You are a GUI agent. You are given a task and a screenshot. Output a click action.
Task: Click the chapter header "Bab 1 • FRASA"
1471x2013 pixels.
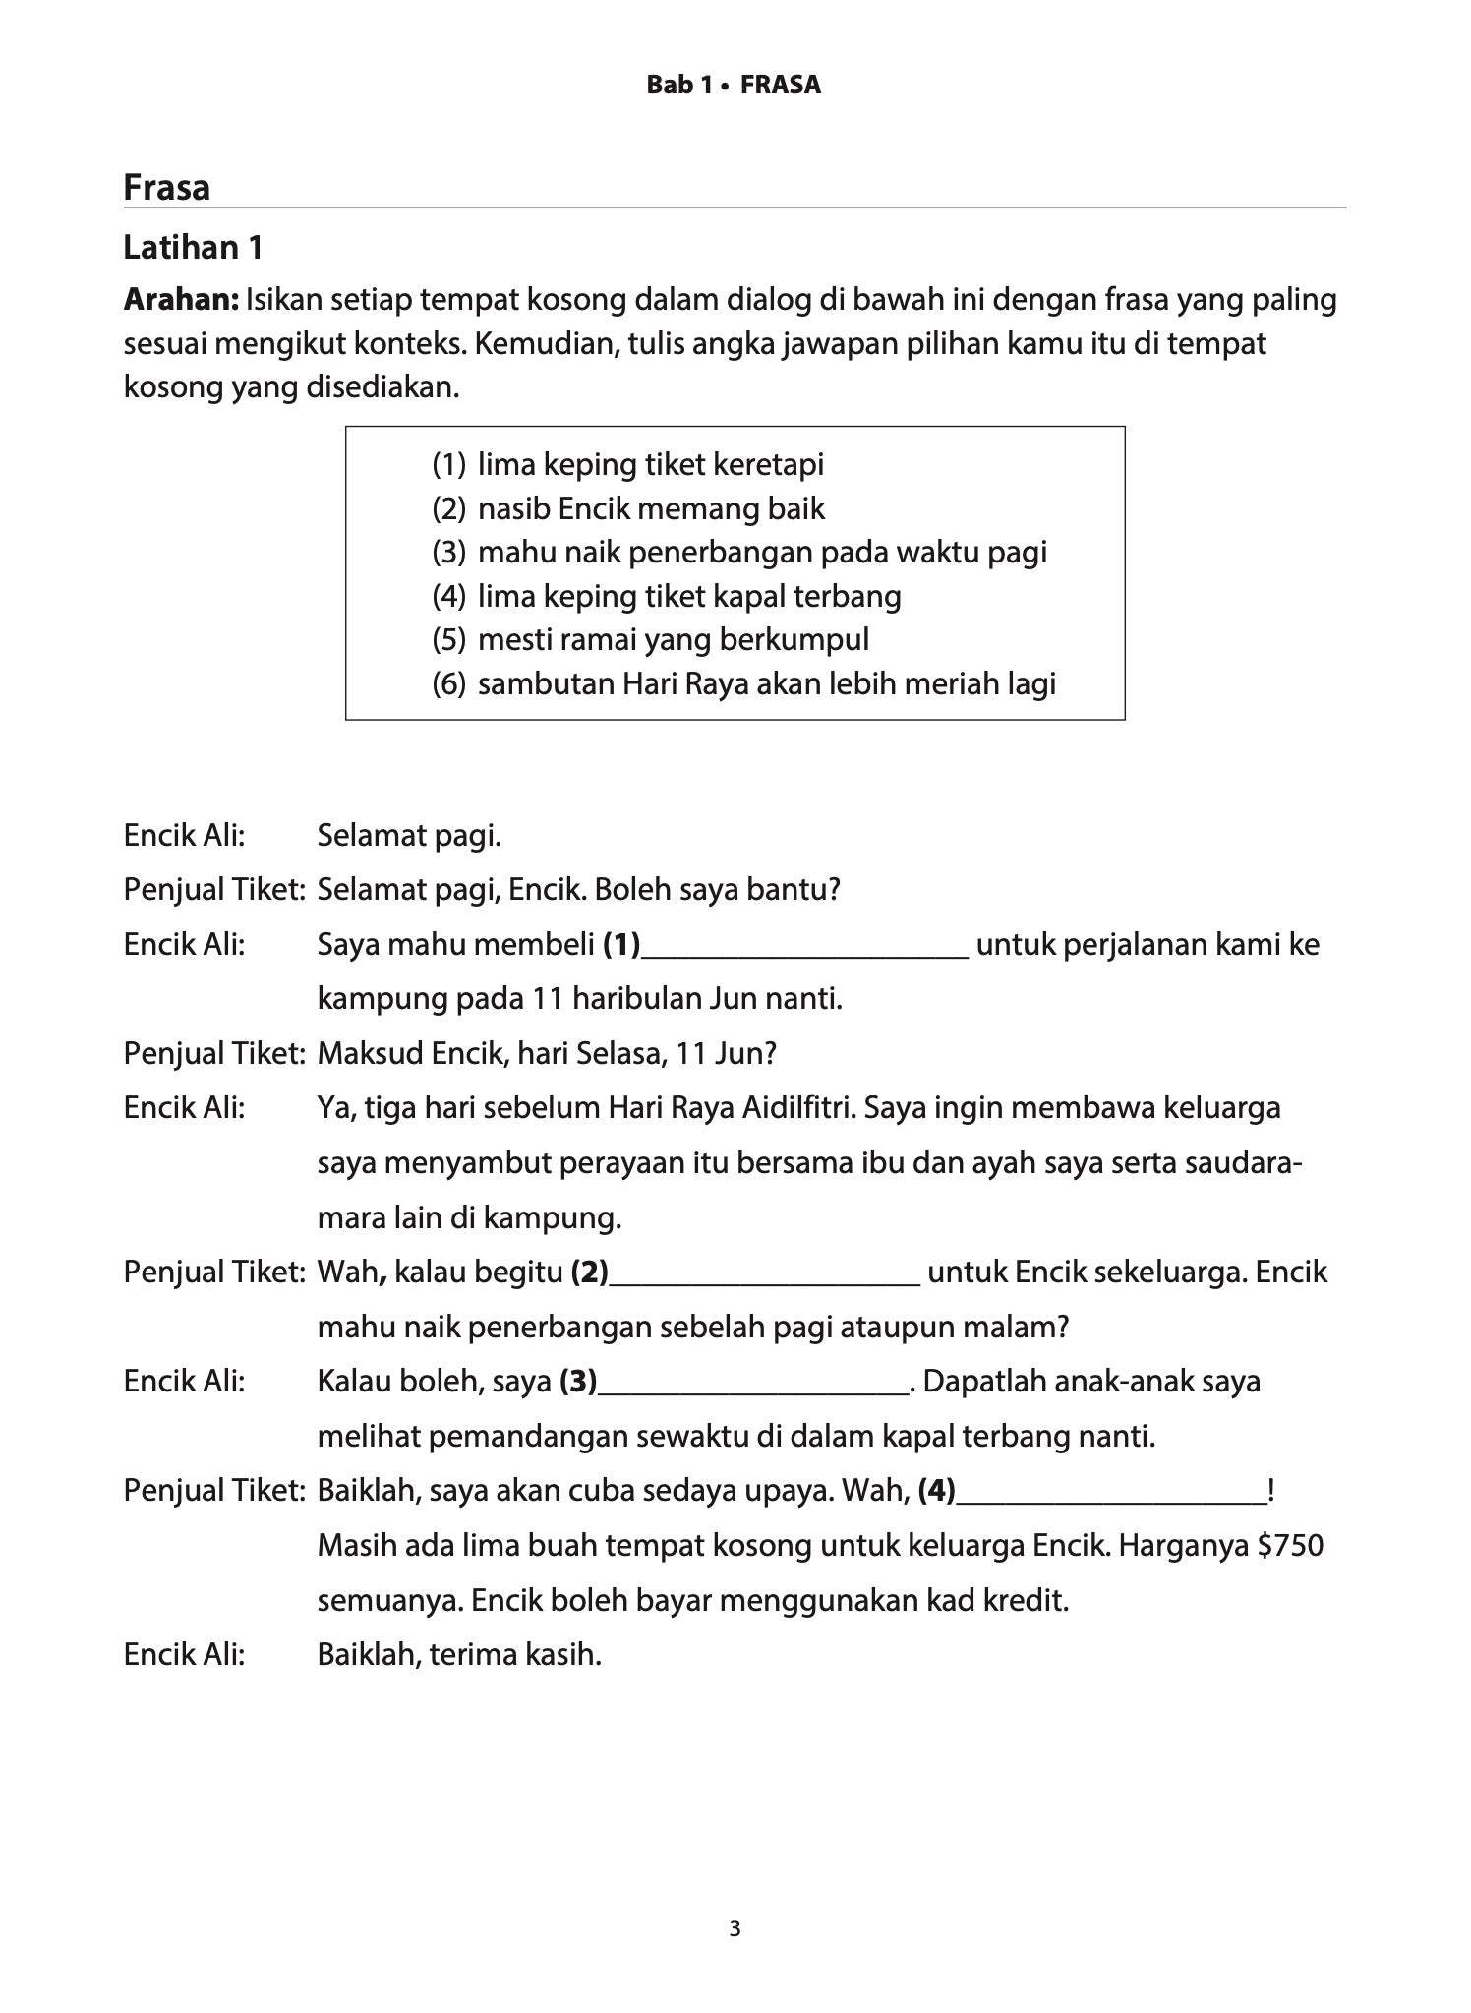click(x=733, y=86)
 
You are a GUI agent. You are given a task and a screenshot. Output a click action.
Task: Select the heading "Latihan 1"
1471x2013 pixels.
click(x=193, y=248)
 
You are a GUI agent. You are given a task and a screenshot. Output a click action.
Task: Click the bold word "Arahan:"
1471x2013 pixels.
click(x=181, y=299)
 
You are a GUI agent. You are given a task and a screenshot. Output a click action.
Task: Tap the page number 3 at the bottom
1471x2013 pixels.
click(x=735, y=1928)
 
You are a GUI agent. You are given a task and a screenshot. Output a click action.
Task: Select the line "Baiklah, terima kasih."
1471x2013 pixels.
click(x=458, y=1654)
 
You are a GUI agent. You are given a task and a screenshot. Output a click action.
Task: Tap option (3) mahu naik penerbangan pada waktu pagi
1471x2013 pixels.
click(x=761, y=552)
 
